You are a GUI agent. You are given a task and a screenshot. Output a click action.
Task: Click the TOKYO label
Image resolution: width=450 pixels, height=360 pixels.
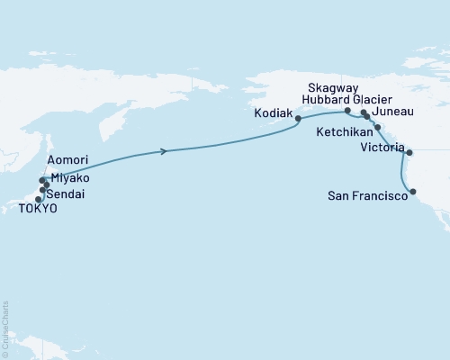coord(38,209)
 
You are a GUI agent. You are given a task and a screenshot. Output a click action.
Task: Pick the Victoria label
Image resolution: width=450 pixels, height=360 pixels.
coord(382,148)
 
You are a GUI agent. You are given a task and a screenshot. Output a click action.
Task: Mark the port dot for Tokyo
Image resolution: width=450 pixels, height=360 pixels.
coord(39,199)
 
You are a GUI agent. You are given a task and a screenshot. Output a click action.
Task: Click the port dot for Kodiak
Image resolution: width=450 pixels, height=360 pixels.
coord(298,118)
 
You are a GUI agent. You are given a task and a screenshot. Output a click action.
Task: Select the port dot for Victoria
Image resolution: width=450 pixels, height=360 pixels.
coord(409,152)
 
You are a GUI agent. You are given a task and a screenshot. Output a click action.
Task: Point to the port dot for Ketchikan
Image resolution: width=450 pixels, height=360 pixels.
coord(379,129)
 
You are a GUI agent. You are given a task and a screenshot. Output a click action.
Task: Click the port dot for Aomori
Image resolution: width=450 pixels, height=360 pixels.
coord(42,180)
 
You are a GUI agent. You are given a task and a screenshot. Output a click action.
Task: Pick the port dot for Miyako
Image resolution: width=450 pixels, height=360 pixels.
coord(46,184)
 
